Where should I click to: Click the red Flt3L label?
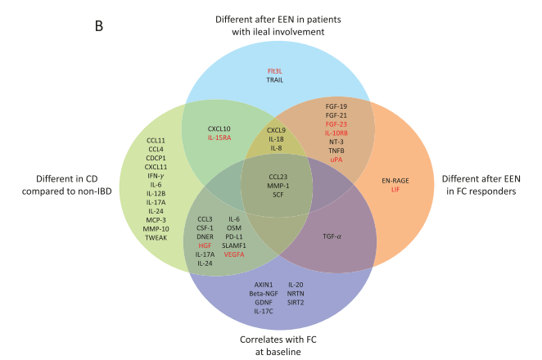tap(274, 71)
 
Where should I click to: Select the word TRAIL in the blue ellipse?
tap(274, 80)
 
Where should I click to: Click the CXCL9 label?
tap(277, 130)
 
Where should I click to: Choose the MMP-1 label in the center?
tap(278, 185)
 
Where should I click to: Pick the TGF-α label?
tap(338, 236)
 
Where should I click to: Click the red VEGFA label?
tap(236, 254)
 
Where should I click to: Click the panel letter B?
tap(99, 27)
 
